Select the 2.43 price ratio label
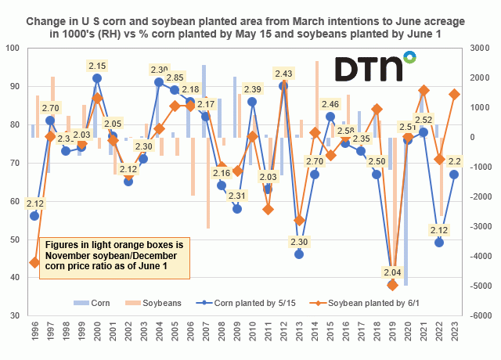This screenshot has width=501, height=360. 283,74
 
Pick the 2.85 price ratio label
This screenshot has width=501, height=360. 175,78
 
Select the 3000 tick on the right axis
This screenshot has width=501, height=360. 480,48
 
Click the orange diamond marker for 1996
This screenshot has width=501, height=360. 34,262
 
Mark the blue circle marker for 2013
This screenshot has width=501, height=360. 299,254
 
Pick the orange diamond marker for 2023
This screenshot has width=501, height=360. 454,94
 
